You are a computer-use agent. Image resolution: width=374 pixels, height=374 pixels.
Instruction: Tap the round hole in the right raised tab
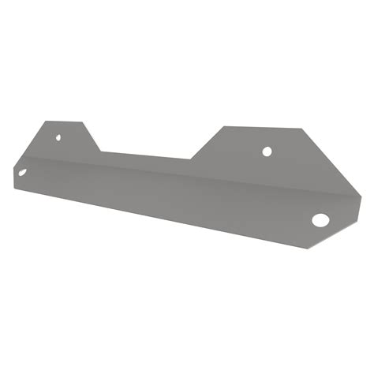click(267, 150)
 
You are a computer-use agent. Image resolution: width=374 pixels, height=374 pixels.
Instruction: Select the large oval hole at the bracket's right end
click(321, 219)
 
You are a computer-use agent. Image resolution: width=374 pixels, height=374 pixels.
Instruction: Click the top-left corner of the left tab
click(46, 122)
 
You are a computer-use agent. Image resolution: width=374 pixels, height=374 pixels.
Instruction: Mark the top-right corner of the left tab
click(84, 122)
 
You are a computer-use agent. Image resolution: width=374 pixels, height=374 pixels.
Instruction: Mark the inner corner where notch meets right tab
click(192, 159)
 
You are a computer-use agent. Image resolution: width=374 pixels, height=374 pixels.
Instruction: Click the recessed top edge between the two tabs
click(147, 155)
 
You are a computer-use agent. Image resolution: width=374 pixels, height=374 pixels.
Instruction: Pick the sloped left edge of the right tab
click(208, 143)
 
